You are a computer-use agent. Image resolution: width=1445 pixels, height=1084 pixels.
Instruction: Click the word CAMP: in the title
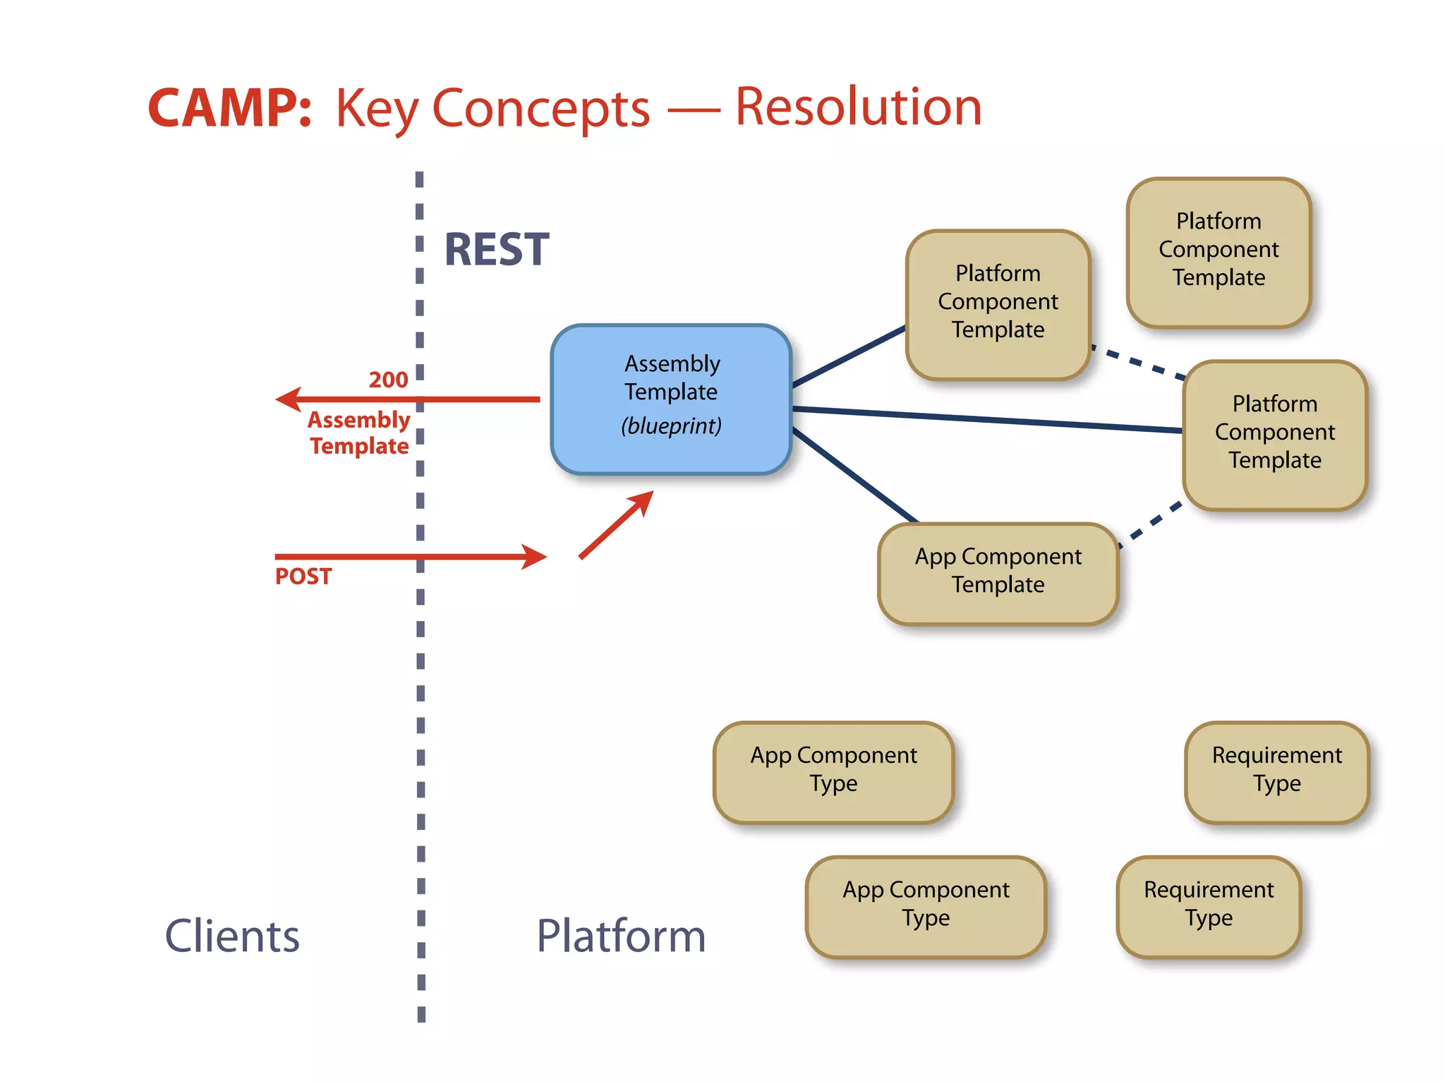click(x=229, y=108)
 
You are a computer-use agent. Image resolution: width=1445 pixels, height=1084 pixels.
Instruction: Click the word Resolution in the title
click(x=858, y=107)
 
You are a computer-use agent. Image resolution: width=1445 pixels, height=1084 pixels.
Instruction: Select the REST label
click(x=497, y=250)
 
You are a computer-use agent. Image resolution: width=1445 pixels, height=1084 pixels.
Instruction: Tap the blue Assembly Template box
click(x=671, y=399)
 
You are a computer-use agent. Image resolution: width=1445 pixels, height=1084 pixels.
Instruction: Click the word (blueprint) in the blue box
click(x=671, y=426)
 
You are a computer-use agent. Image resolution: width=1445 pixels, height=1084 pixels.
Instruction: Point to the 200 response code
click(x=388, y=380)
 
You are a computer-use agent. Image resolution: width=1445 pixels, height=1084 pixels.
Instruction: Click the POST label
click(x=303, y=577)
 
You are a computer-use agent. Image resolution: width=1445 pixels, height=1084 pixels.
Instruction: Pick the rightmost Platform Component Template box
click(x=1274, y=435)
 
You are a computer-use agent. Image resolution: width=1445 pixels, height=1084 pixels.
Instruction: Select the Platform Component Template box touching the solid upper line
click(x=998, y=304)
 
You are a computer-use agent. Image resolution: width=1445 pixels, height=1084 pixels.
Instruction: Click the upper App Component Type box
click(x=833, y=772)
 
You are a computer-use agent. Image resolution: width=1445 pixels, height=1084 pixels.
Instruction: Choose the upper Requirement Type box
click(x=1276, y=772)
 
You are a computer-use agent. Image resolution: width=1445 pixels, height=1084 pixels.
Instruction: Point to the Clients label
click(x=232, y=937)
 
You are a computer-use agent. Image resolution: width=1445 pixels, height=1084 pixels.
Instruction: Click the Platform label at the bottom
click(x=621, y=937)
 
